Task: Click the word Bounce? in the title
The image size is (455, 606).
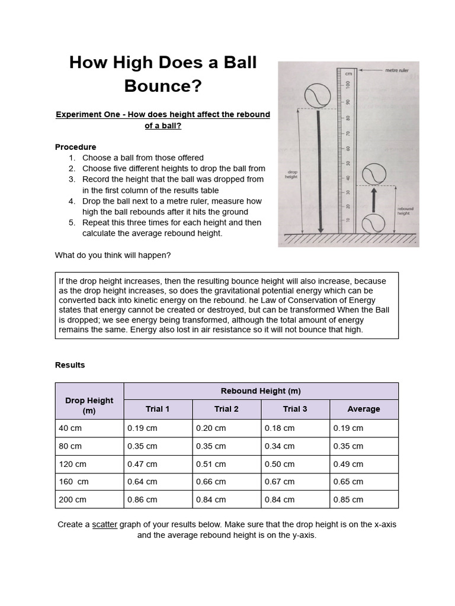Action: click(163, 86)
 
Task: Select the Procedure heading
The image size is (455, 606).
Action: click(75, 147)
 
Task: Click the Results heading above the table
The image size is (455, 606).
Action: click(70, 365)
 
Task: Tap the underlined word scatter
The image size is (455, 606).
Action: click(104, 524)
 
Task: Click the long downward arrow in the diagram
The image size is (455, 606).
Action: click(320, 172)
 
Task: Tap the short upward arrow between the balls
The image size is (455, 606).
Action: click(374, 199)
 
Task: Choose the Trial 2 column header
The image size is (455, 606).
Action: click(226, 409)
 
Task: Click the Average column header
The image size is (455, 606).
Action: click(363, 409)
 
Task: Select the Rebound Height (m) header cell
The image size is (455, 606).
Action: click(261, 391)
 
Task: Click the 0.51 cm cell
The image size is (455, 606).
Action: click(210, 464)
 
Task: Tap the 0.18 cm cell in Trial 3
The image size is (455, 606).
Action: click(279, 428)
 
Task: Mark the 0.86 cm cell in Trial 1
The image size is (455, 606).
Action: click(142, 499)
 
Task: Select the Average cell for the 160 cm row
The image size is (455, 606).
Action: click(348, 482)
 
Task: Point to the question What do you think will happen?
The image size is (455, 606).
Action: click(113, 255)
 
